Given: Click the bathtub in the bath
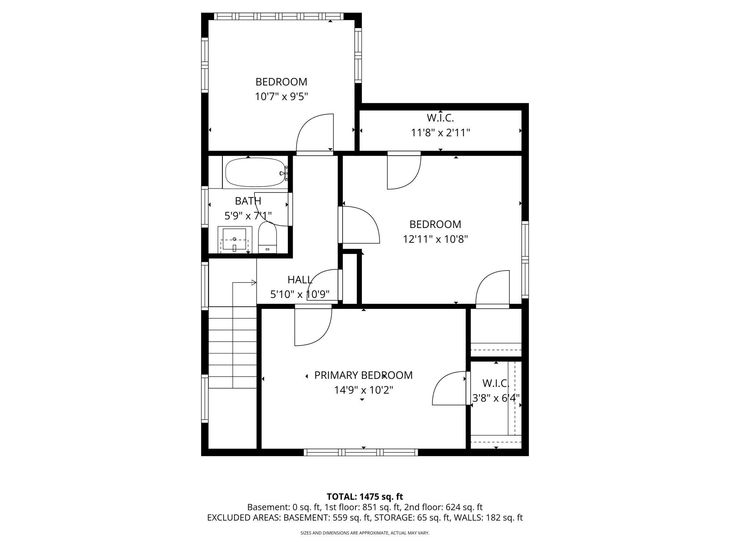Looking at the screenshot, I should coord(255,172).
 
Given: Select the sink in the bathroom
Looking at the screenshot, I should coord(234,240).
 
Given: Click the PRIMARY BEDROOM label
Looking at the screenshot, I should coord(363,375).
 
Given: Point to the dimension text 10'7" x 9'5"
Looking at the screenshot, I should coord(281,97).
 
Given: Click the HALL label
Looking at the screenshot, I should coord(300,280).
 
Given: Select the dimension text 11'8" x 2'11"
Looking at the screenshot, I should coord(440,133).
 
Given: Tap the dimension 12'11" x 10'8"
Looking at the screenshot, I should coord(435,239).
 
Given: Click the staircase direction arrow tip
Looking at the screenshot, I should coord(254,282).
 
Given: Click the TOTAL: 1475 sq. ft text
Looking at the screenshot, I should coord(365,497).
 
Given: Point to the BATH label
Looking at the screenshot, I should coord(248,201).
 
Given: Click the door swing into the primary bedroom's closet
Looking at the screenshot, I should coord(449,388).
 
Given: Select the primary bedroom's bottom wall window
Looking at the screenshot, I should coord(361,452).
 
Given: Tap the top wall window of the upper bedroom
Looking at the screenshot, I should coord(279,16).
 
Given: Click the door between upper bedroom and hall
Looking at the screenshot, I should coord(315,135).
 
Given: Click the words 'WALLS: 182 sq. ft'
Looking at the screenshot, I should coord(492,517).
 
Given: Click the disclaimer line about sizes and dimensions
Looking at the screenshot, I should coord(365,533).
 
